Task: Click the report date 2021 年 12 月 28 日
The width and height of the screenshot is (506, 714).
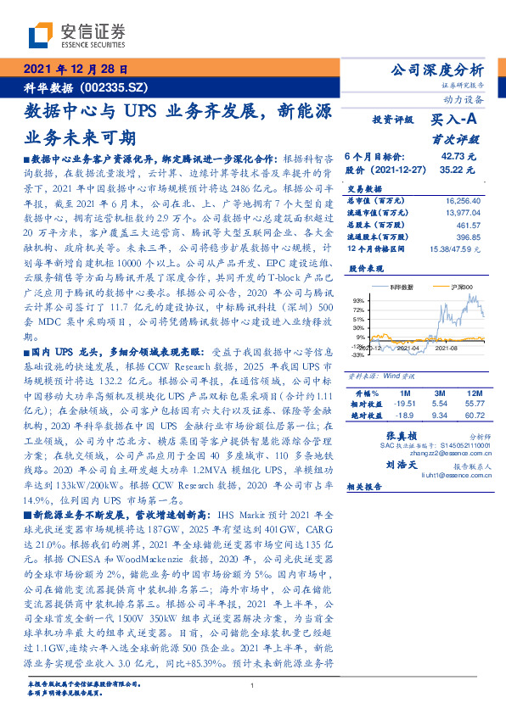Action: (x=75, y=70)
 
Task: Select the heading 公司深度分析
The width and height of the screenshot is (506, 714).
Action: (x=434, y=70)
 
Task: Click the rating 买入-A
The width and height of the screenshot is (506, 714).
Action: (x=455, y=120)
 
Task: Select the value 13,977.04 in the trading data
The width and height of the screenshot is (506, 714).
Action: (x=458, y=213)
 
